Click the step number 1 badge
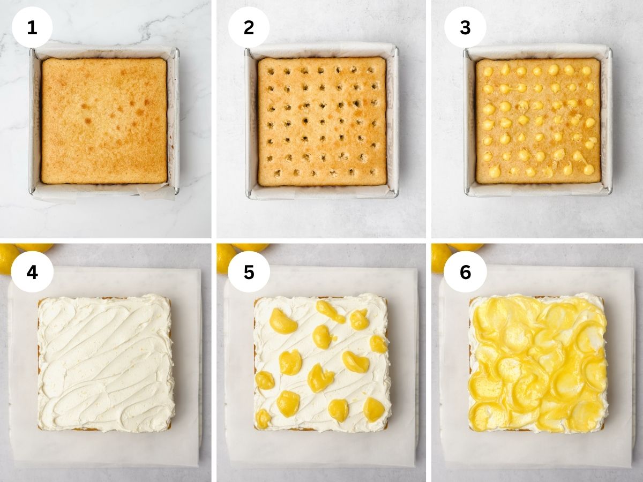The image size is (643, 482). (x=32, y=27)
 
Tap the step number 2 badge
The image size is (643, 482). (x=249, y=27)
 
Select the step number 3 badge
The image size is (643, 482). (x=465, y=27)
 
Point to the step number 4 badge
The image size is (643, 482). (x=32, y=272)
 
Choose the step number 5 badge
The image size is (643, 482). (x=249, y=272)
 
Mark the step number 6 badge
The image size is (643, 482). (x=465, y=272)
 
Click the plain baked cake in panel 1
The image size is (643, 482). (x=104, y=121)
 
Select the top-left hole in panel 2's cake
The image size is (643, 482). (x=271, y=71)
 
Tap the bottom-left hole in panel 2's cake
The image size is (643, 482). (x=277, y=173)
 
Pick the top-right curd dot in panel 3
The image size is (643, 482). (x=586, y=70)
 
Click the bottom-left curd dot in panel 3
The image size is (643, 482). (x=495, y=169)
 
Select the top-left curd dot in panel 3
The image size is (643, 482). (x=488, y=71)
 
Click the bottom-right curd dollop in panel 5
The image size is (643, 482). (x=374, y=410)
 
